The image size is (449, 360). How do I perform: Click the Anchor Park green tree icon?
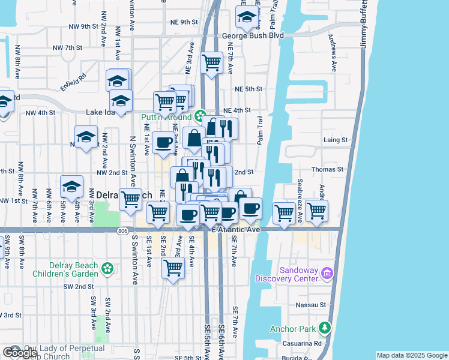pyautogui.click(x=325, y=328)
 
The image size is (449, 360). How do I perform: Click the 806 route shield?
pyautogui.click(x=123, y=229)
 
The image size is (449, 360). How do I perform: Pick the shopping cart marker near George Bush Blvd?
pyautogui.click(x=211, y=62)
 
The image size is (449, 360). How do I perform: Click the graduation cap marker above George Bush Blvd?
pyautogui.click(x=246, y=19)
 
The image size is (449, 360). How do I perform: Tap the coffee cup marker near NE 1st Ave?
pyautogui.click(x=163, y=142)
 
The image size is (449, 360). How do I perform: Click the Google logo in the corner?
pyautogui.click(x=20, y=353)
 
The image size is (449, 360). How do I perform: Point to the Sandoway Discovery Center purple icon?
pyautogui.click(x=328, y=274)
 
